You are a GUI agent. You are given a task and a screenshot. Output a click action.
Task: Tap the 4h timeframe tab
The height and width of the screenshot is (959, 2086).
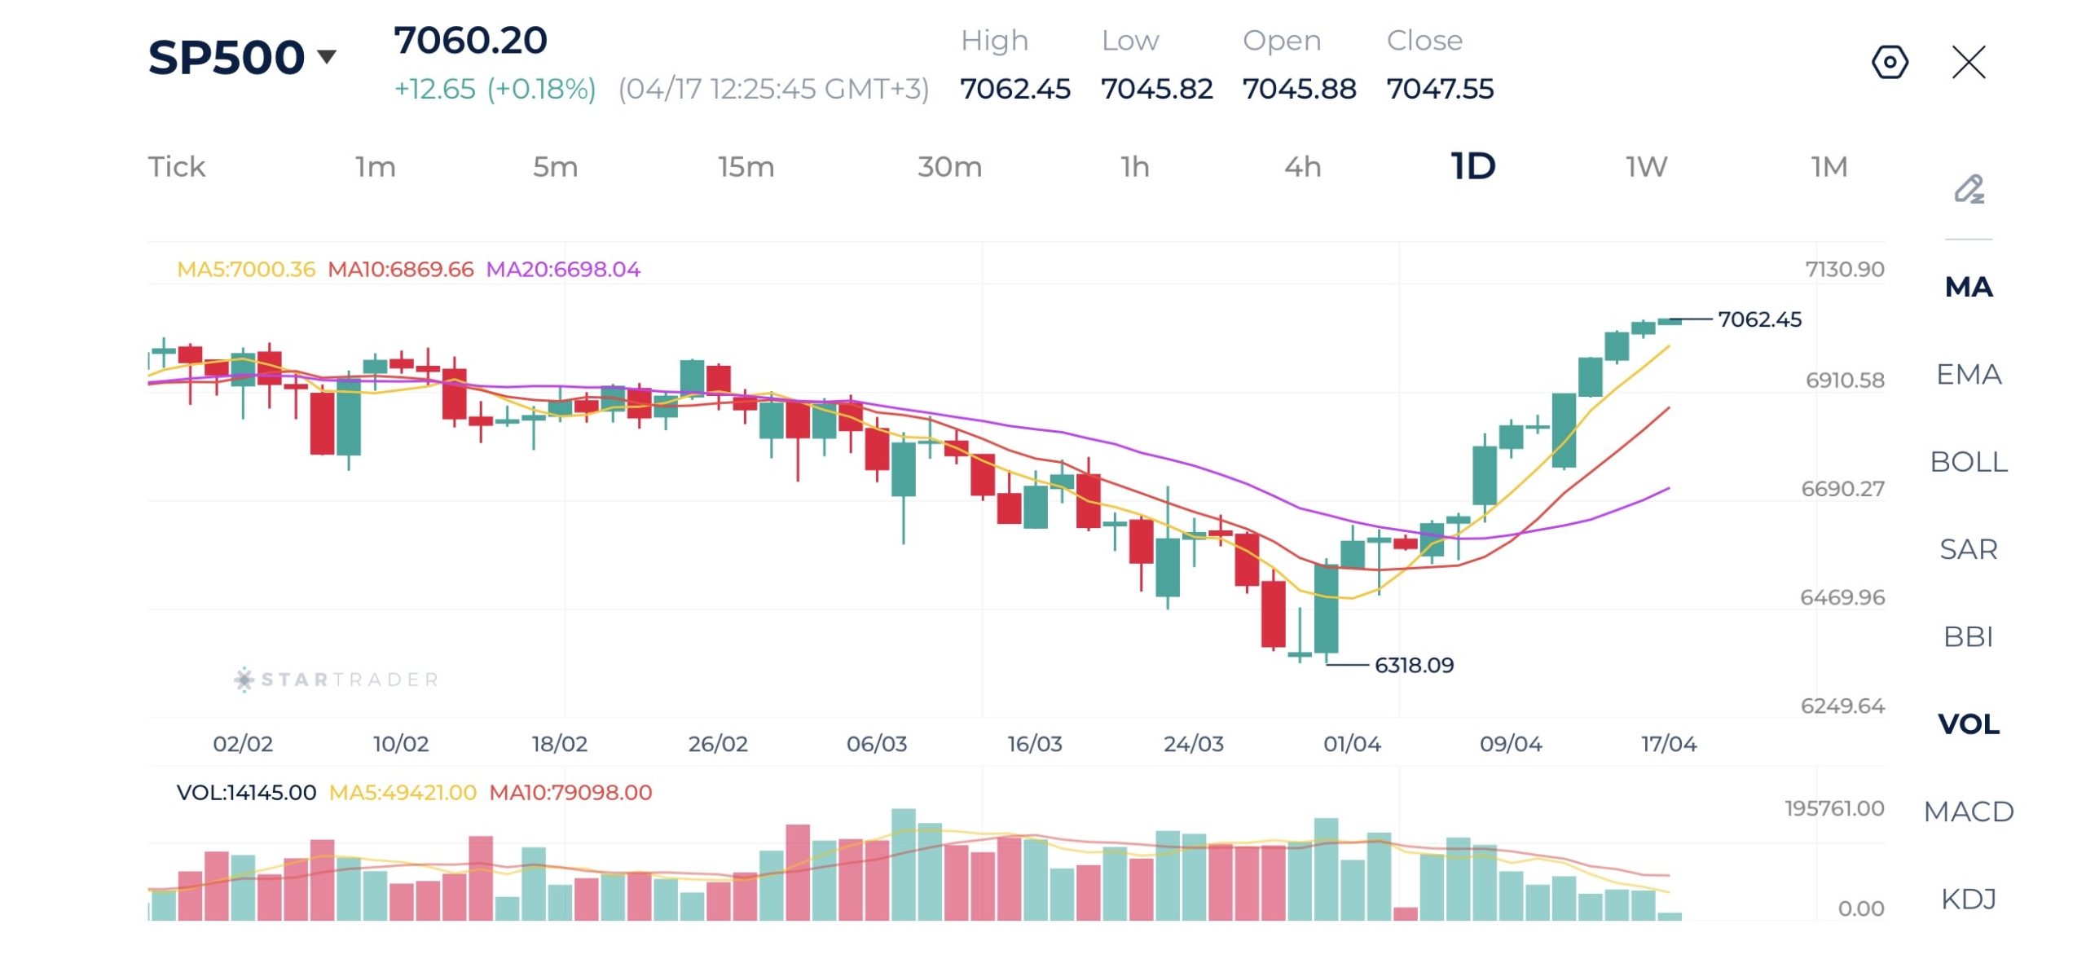click(x=1302, y=167)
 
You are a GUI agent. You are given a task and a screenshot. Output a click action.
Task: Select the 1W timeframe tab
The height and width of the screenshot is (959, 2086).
click(x=1646, y=167)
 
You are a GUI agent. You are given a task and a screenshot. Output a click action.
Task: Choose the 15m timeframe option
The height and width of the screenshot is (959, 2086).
click(x=746, y=167)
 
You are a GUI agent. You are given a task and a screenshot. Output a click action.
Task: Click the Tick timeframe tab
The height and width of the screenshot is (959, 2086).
click(x=176, y=167)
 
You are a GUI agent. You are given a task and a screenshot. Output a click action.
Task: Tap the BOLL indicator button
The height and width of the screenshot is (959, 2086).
click(x=1968, y=462)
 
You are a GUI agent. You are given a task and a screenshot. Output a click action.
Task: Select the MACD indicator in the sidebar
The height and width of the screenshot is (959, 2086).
click(x=1968, y=812)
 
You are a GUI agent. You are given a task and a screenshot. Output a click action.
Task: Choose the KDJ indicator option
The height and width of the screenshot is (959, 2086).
click(x=1968, y=899)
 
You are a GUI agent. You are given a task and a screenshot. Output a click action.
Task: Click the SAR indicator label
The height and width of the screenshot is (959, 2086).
click(x=1968, y=549)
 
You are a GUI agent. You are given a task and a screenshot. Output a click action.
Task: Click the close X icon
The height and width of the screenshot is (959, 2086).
click(x=1969, y=62)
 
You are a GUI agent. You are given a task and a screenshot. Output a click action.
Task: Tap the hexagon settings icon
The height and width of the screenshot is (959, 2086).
click(x=1890, y=62)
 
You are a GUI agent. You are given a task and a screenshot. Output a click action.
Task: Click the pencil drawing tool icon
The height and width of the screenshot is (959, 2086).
click(x=1969, y=189)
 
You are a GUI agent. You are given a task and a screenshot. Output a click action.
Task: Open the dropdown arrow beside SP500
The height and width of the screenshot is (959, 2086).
click(x=327, y=56)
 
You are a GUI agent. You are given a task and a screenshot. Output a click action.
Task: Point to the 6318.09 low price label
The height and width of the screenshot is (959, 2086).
click(x=1414, y=666)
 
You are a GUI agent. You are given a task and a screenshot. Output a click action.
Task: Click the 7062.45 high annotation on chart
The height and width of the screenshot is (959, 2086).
click(x=1759, y=319)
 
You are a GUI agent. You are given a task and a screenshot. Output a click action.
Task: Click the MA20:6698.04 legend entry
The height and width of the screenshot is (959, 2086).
click(x=563, y=270)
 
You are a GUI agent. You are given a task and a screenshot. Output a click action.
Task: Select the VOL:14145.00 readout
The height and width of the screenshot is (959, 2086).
click(x=246, y=793)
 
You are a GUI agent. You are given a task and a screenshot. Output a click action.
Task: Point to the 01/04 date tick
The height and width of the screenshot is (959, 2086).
click(x=1352, y=744)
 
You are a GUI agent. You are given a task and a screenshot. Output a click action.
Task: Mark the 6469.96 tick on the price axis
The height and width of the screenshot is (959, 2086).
click(x=1842, y=597)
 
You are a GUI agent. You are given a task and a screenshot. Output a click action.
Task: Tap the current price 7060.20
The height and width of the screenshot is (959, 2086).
click(x=470, y=41)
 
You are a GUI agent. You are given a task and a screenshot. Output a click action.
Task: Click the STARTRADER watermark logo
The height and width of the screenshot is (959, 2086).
click(x=336, y=680)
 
